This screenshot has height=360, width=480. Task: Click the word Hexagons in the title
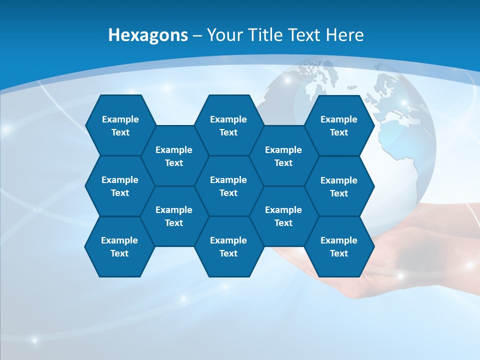coord(148,35)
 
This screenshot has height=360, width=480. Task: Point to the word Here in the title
coord(344,35)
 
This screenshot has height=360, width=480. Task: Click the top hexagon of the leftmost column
coord(120,125)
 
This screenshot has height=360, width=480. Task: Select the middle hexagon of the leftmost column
coord(120,186)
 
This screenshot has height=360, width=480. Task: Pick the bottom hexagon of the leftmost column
coord(119,246)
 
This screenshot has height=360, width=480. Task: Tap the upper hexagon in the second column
coord(174,156)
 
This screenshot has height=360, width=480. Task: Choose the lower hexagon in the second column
coord(174,216)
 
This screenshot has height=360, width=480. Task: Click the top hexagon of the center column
coord(228,125)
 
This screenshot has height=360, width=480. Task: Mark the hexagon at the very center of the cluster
coord(228,186)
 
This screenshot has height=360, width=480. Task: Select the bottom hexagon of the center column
coord(228,246)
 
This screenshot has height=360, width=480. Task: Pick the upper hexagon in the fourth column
coord(283,156)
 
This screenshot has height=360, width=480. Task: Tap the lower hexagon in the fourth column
coord(283,216)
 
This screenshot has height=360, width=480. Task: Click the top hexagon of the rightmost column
coord(339,125)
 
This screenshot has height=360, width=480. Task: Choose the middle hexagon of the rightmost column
coord(339,186)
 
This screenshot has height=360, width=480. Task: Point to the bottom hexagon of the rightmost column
coord(339,246)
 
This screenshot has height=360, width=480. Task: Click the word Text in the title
coord(304,35)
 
